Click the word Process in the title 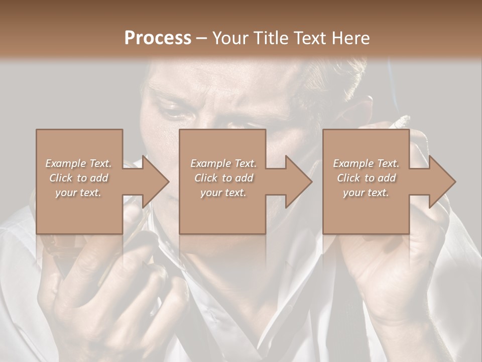(158, 38)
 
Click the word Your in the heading (226, 38)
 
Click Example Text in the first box (78, 163)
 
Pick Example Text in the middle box (223, 163)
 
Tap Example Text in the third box (366, 163)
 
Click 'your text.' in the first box (78, 193)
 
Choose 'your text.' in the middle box (223, 193)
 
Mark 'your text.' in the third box (366, 193)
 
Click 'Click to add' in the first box (78, 178)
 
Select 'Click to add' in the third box (366, 178)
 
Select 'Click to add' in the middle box (223, 178)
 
